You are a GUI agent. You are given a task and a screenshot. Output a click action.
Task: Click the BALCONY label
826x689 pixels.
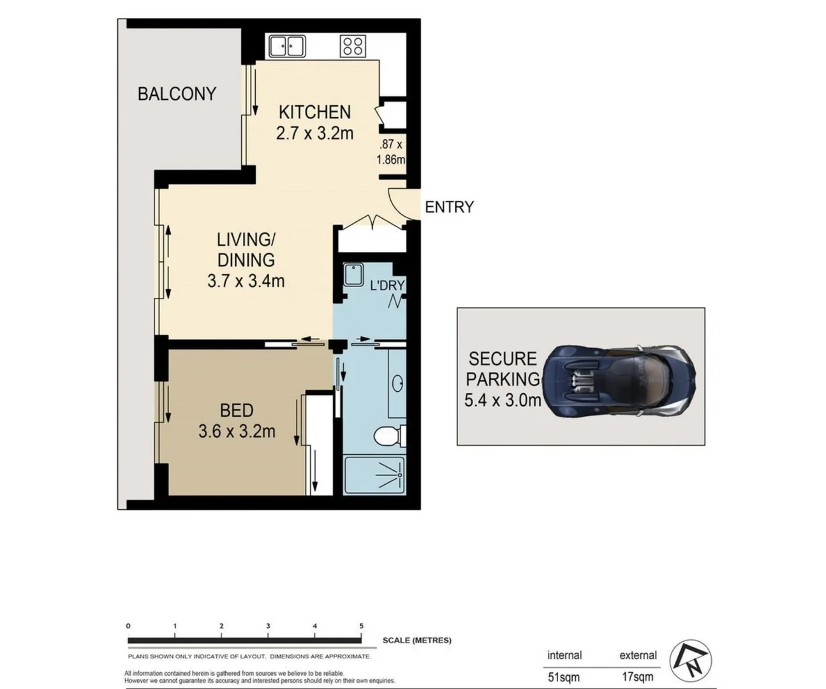click(x=177, y=94)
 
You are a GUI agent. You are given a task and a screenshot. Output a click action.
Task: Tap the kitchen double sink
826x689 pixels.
click(x=287, y=46)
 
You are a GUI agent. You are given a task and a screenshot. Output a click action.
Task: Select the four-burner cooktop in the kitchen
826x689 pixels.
click(x=353, y=46)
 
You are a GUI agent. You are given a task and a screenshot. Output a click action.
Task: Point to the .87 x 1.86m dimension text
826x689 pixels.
click(x=390, y=152)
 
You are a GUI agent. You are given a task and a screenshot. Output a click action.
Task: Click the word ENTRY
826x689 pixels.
click(x=449, y=207)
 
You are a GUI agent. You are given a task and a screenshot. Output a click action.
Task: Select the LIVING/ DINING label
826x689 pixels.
click(x=246, y=249)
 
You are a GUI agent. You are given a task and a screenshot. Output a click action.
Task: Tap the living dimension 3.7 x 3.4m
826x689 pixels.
click(x=246, y=281)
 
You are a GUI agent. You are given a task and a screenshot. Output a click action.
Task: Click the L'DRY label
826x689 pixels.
click(x=387, y=285)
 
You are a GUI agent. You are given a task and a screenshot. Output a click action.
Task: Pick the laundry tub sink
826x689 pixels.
click(x=353, y=275)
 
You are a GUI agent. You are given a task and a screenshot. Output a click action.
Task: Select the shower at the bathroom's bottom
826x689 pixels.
click(x=374, y=475)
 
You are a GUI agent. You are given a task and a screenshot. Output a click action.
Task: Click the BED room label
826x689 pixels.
click(x=237, y=410)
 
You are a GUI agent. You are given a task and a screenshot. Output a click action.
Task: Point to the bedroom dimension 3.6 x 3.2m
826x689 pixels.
click(x=237, y=432)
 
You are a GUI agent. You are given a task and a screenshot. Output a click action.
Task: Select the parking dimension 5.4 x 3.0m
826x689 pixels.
click(x=503, y=401)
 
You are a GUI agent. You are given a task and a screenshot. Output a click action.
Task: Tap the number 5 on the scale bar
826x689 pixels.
click(x=361, y=626)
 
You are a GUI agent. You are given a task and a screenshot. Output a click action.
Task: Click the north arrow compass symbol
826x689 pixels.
click(x=690, y=661)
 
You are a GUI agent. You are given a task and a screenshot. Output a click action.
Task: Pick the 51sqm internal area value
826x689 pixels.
click(x=564, y=676)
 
